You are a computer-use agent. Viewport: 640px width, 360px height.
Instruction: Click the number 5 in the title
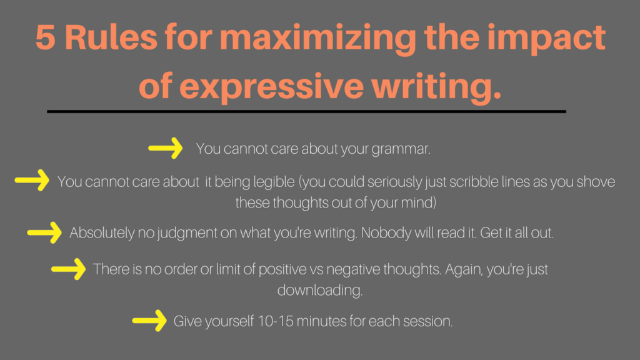[45, 37]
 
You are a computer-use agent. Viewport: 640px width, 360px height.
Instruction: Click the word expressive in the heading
[271, 86]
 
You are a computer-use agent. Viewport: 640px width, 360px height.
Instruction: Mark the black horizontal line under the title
[306, 111]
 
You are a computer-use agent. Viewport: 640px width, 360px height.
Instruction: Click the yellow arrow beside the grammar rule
[165, 147]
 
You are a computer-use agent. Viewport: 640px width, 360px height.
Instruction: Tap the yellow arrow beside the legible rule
[32, 180]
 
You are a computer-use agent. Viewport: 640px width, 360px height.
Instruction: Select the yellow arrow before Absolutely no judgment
[44, 232]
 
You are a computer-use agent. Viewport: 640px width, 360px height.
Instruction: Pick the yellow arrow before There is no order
[69, 269]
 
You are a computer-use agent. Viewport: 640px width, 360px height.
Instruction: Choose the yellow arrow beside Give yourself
[149, 321]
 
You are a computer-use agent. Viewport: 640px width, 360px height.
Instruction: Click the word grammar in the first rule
[401, 149]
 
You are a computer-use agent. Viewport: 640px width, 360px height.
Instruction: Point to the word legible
[274, 182]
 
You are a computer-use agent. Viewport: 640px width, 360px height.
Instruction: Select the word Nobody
[386, 232]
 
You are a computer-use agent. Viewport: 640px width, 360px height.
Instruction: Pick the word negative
[353, 270]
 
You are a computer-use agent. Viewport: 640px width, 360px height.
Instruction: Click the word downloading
[320, 291]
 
